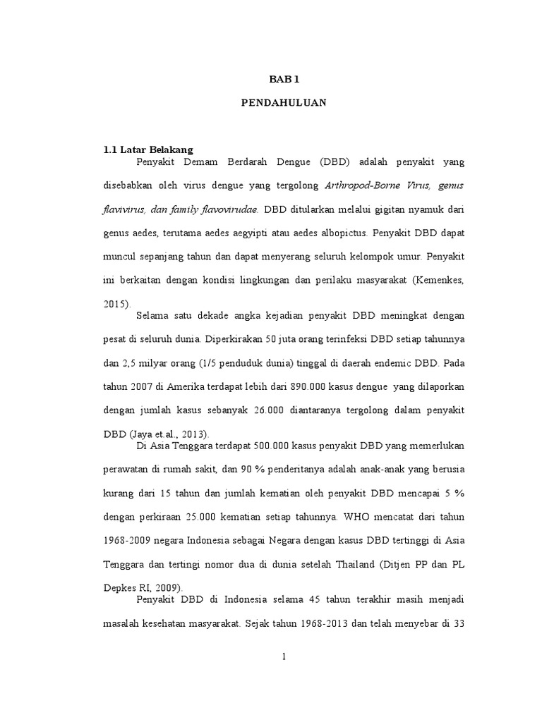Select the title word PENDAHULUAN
(x=284, y=102)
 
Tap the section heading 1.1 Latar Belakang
(x=148, y=149)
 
